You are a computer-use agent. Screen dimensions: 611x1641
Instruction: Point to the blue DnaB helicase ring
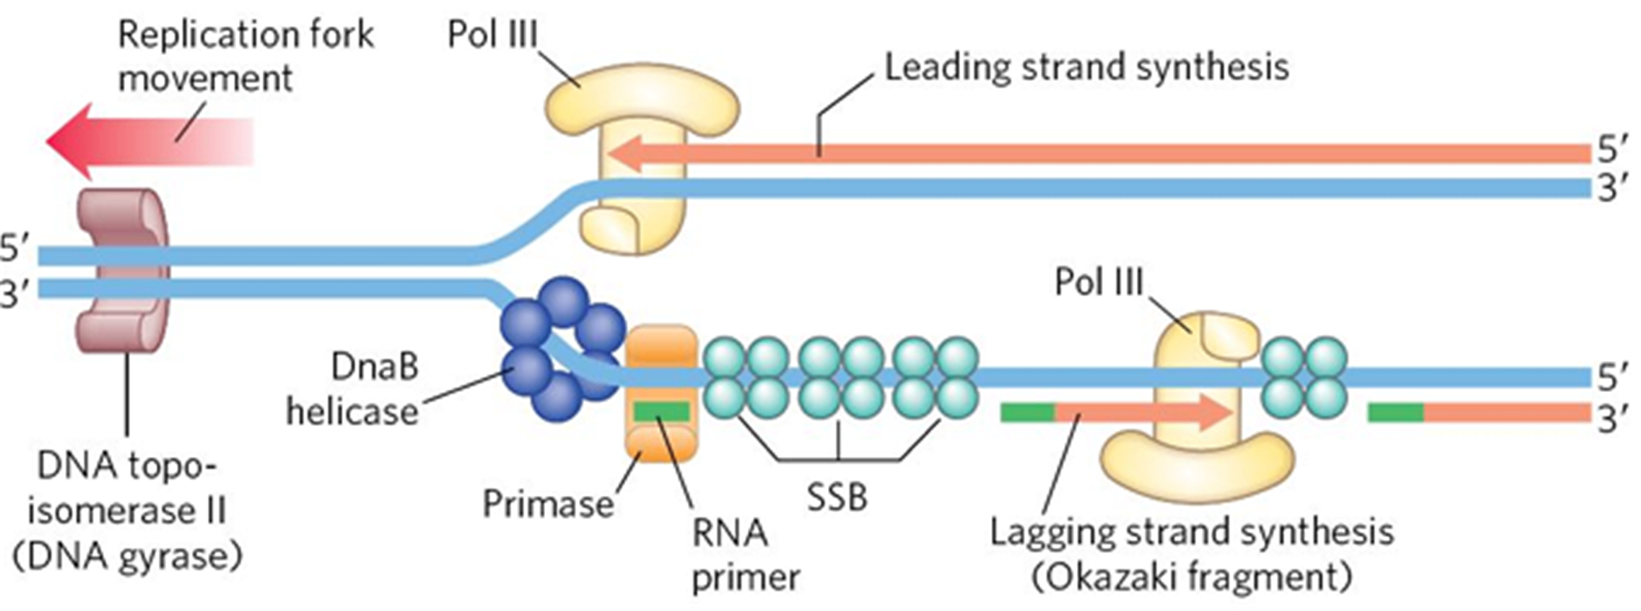559,350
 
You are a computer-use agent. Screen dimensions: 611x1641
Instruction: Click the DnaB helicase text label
354,389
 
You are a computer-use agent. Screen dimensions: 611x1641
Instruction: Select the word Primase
548,504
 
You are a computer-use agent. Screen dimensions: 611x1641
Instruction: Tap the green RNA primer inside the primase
661,412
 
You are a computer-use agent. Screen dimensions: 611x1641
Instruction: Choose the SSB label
837,497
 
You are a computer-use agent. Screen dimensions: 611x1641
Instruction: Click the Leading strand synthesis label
1087,68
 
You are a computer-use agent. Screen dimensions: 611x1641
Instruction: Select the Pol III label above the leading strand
493,34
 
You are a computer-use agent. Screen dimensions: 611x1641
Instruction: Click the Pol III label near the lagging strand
1099,282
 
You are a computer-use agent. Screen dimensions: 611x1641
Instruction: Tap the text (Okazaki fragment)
1192,578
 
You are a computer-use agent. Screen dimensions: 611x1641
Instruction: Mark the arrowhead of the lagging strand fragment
1216,413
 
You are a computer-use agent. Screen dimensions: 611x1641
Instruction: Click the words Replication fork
245,34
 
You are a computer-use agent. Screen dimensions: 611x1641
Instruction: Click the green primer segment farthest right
1395,413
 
